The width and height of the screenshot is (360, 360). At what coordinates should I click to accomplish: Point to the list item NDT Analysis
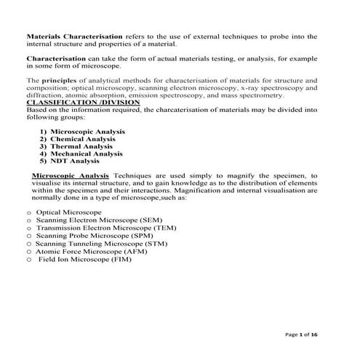coord(74,161)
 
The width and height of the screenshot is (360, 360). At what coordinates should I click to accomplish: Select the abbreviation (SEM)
coord(148,220)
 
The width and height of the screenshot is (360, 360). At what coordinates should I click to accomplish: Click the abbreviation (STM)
coord(153,244)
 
